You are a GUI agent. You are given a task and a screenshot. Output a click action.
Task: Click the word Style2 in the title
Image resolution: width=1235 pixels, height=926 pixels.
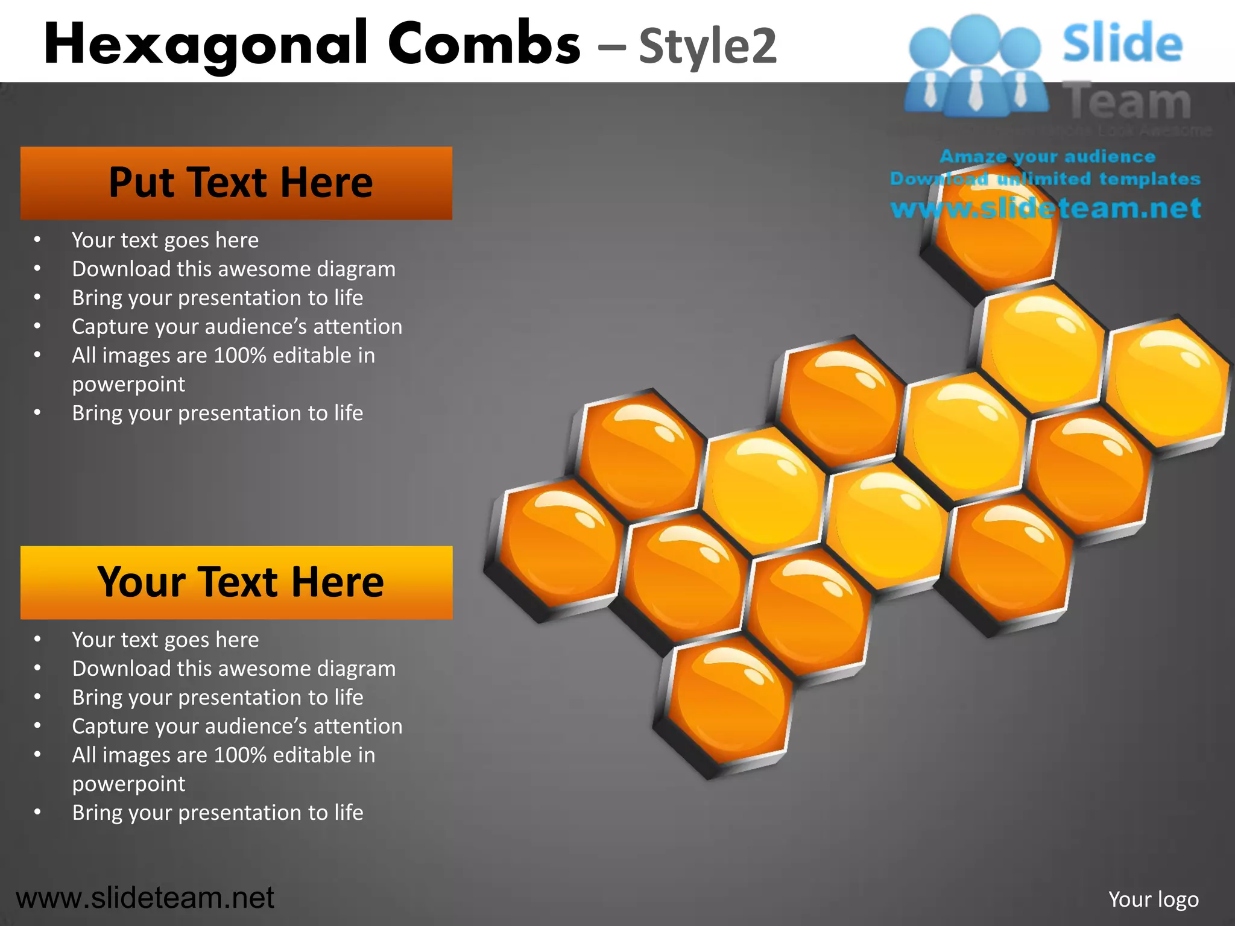pyautogui.click(x=707, y=46)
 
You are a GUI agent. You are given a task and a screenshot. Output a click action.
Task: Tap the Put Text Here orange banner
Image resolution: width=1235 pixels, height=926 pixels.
pyautogui.click(x=236, y=183)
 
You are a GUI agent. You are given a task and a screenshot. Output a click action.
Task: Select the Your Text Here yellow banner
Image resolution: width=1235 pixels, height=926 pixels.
pyautogui.click(x=236, y=582)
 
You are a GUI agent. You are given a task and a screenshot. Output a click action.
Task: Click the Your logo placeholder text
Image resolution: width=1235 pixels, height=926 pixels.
pyautogui.click(x=1153, y=899)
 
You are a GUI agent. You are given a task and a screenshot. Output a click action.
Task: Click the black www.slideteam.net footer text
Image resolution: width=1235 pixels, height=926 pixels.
pyautogui.click(x=145, y=898)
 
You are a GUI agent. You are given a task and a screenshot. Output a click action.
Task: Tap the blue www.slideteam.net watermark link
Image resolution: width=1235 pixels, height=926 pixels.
pyautogui.click(x=1046, y=209)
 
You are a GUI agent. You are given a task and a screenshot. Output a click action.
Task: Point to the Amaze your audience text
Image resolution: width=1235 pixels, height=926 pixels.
pyautogui.click(x=1047, y=157)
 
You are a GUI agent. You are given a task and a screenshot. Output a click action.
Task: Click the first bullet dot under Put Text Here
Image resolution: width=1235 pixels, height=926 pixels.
pyautogui.click(x=37, y=240)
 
